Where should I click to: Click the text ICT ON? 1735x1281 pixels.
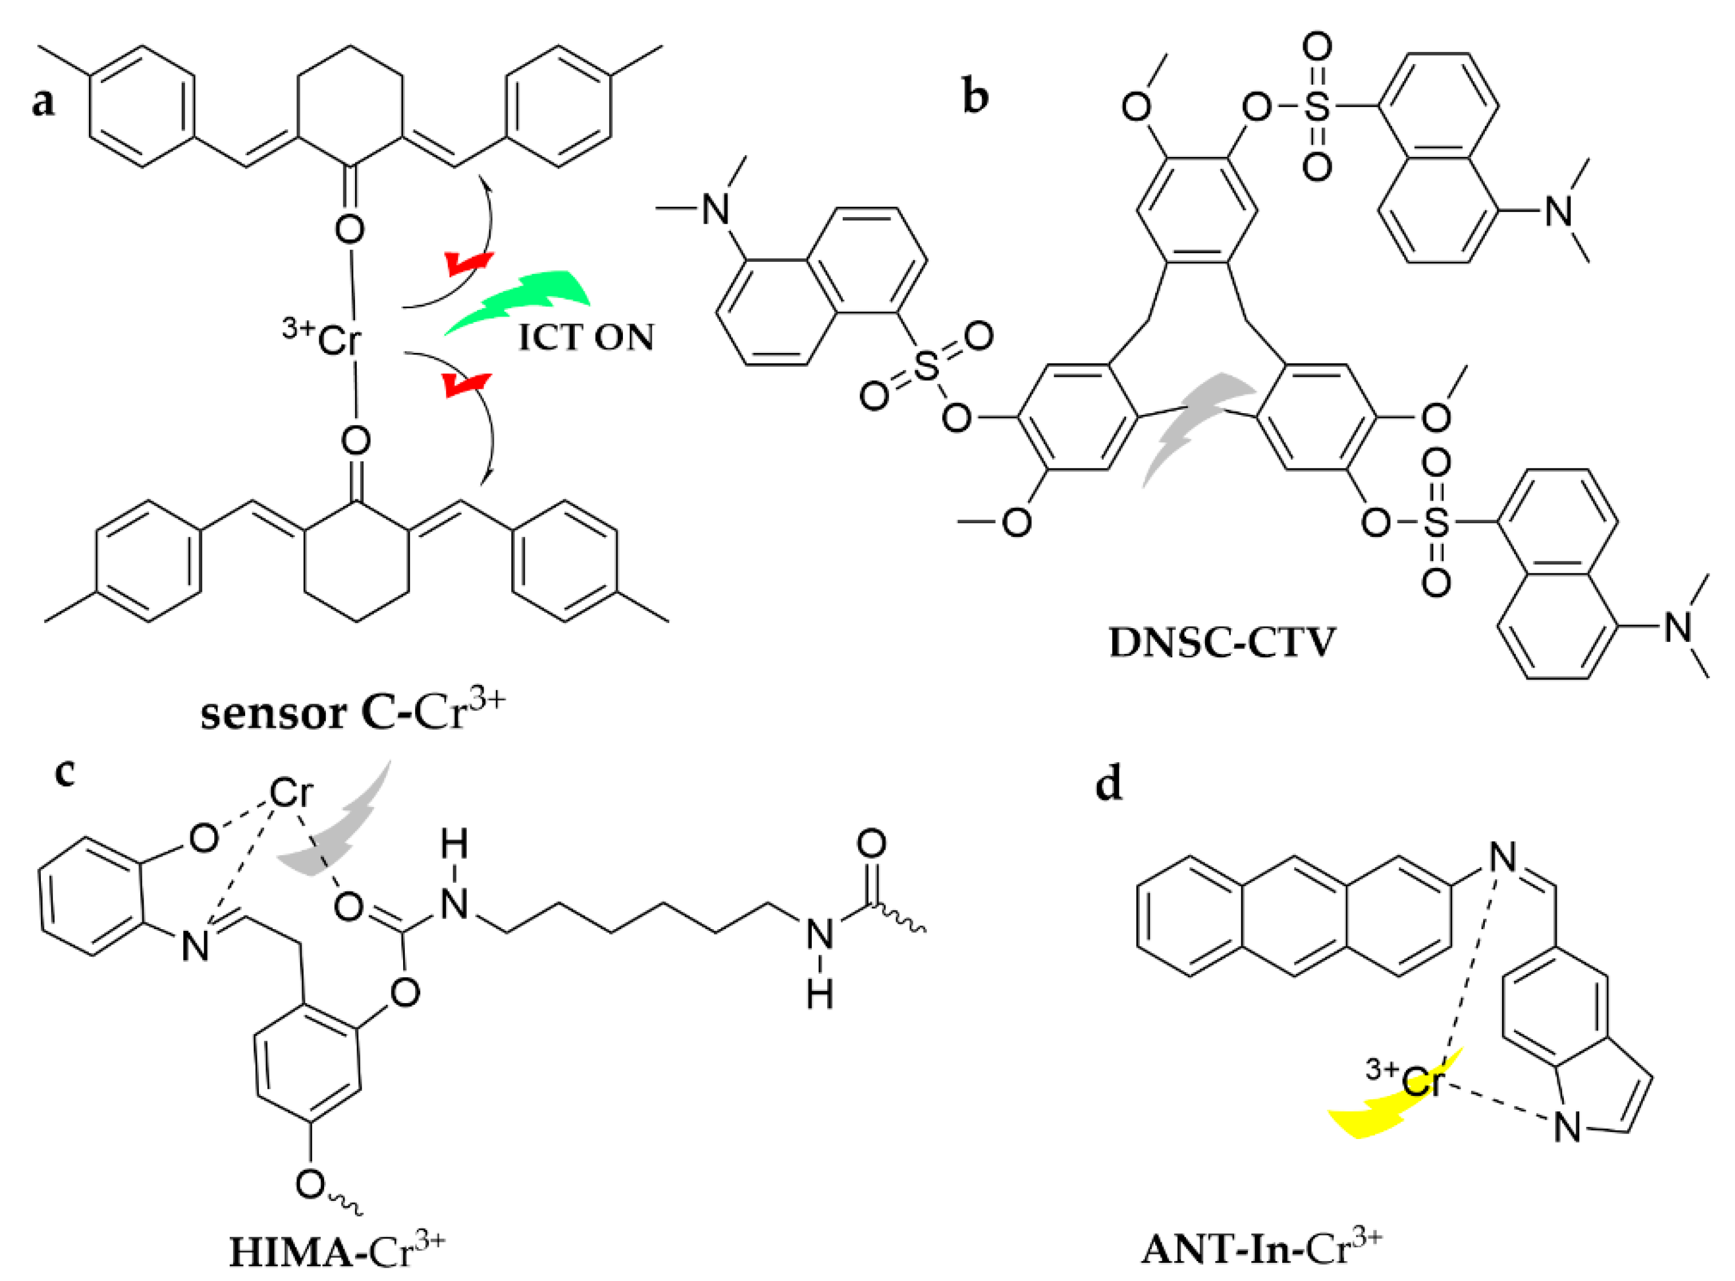pos(586,338)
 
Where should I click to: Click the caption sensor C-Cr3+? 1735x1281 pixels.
pos(353,712)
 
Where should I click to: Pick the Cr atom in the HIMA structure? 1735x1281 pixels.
pos(292,793)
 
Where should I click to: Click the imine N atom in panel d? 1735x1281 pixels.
pos(1503,857)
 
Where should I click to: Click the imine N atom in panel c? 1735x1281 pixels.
pos(195,947)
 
